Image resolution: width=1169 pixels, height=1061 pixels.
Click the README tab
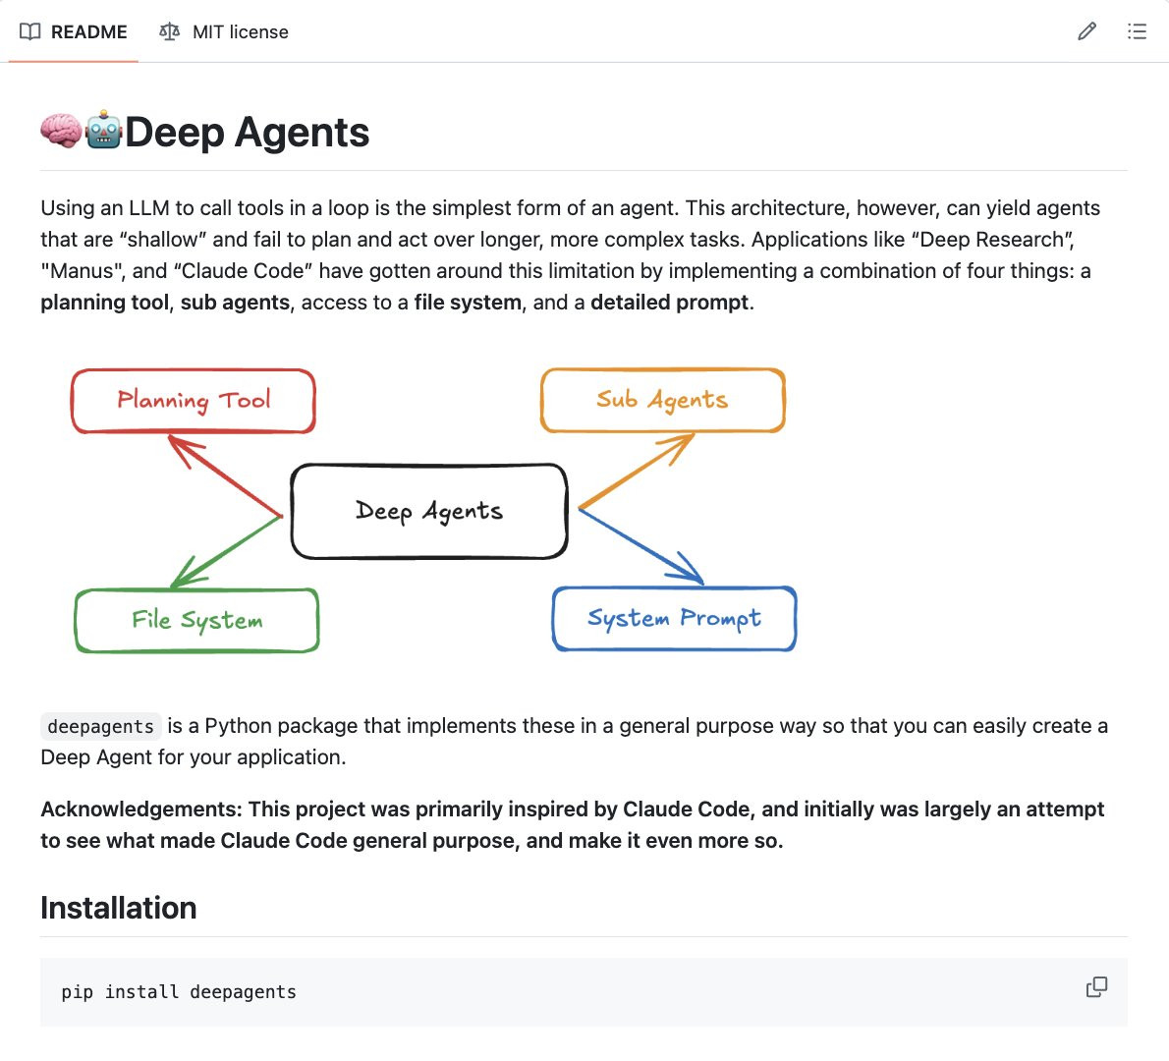click(x=74, y=31)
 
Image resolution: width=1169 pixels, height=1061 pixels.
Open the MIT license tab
click(x=224, y=31)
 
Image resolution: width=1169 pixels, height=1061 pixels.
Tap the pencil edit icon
click(x=1086, y=31)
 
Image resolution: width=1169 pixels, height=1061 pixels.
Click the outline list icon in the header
click(x=1137, y=31)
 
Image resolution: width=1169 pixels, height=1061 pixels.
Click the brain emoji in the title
click(x=61, y=132)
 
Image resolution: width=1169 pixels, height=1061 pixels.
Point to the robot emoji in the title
click(x=103, y=132)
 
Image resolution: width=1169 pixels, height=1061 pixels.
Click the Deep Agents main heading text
click(x=247, y=133)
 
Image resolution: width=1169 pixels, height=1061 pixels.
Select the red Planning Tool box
click(x=194, y=401)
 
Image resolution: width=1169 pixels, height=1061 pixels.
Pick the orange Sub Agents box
click(x=663, y=400)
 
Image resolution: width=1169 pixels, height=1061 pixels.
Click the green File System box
click(x=197, y=620)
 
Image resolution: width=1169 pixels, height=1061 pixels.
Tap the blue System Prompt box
click(x=674, y=619)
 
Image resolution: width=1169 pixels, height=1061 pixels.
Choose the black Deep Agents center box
click(x=429, y=511)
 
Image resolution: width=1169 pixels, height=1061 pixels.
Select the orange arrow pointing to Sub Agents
click(x=637, y=472)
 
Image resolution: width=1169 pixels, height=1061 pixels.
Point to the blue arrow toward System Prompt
click(x=640, y=546)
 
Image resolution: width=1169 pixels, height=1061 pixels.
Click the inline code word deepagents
click(x=101, y=727)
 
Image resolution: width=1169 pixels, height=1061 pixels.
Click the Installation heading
click(x=119, y=908)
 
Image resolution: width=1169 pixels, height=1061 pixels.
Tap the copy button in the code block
click(x=1096, y=987)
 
